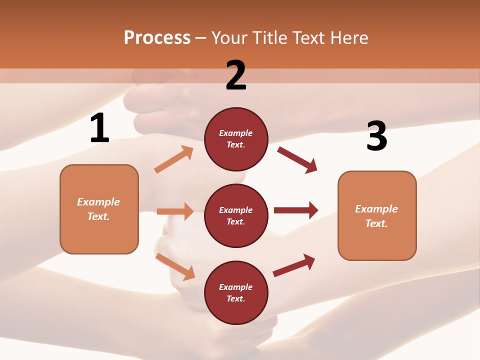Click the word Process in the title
pos(157,38)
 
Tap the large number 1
pos(99,128)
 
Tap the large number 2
pos(236,75)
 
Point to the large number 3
pos(376,136)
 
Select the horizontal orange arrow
pos(175,211)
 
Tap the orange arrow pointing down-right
pos(175,266)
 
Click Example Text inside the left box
pos(98,209)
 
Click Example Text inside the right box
pos(376,216)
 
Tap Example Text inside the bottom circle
pos(235,293)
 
